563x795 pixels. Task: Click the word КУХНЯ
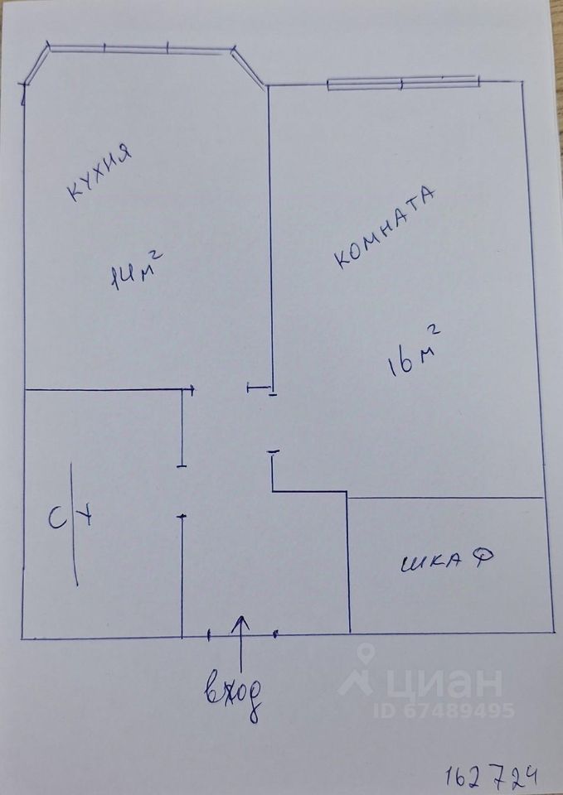click(99, 173)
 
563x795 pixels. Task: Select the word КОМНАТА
click(385, 227)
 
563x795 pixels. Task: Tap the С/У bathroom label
click(71, 522)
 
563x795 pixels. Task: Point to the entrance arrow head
click(241, 620)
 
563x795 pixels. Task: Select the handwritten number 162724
click(495, 776)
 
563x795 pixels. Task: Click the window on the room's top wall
click(403, 82)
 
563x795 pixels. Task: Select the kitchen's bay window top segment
click(140, 49)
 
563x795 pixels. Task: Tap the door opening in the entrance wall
click(241, 636)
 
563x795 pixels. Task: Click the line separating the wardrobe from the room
click(445, 498)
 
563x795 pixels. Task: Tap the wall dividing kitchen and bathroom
click(104, 389)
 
